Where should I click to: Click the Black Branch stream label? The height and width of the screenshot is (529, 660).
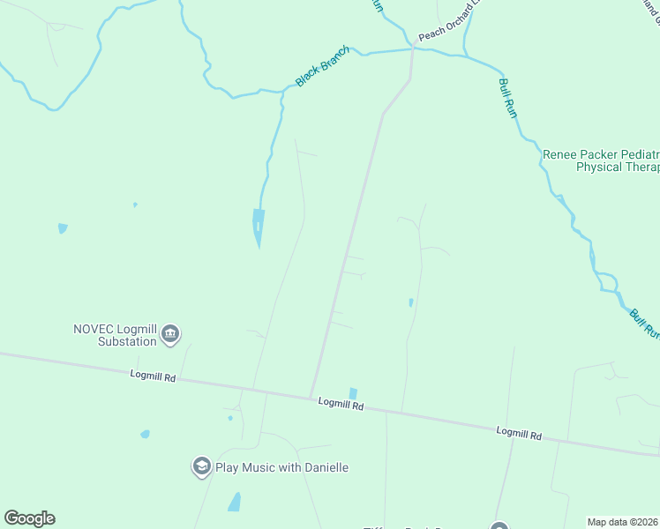pos(322,66)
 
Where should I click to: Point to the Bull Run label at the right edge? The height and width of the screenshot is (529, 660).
pos(643,323)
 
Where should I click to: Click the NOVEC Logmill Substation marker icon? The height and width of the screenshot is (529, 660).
pos(170,334)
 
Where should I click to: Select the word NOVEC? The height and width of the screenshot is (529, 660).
pos(94,329)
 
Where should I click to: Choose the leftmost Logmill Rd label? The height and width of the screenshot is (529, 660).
pos(153,376)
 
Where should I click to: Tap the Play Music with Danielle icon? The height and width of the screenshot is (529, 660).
pos(201,466)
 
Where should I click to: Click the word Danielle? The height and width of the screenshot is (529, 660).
pos(324,467)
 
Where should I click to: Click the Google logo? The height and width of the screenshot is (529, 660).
pos(29,518)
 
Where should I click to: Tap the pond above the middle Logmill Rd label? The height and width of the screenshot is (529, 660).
pos(353,393)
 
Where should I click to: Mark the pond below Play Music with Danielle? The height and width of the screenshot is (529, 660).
pos(235,503)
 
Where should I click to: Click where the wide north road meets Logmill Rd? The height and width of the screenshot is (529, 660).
pos(311,396)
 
